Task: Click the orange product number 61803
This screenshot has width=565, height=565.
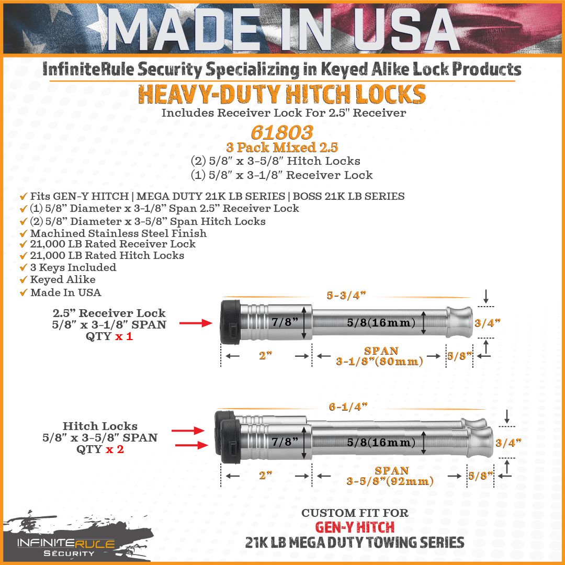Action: [x=282, y=132]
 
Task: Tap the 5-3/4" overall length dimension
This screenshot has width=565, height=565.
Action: [x=346, y=296]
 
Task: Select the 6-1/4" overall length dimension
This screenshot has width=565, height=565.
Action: [x=348, y=407]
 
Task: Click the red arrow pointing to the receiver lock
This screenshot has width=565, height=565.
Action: [x=196, y=323]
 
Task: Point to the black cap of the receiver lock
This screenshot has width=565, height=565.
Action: [x=231, y=322]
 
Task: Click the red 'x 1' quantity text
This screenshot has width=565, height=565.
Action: [x=124, y=336]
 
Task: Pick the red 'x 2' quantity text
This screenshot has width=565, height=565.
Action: [x=115, y=449]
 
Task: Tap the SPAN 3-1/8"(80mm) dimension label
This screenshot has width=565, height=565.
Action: [x=380, y=356]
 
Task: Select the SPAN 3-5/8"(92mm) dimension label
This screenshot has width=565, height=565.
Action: [x=390, y=476]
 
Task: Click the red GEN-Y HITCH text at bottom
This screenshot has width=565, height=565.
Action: [x=355, y=527]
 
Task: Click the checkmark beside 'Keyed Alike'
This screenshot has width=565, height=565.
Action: [x=24, y=279]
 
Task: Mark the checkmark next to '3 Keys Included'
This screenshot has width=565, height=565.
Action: [x=24, y=268]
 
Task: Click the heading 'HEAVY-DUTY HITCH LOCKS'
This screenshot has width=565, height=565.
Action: [x=282, y=94]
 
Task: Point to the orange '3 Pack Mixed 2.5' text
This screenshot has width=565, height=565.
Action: [x=282, y=148]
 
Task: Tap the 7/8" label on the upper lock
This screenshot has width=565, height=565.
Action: [x=285, y=322]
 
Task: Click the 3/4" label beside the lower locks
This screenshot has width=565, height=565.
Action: [x=508, y=443]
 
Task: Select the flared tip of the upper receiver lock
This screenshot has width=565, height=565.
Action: [x=459, y=322]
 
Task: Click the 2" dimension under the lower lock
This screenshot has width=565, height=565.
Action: [x=266, y=476]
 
